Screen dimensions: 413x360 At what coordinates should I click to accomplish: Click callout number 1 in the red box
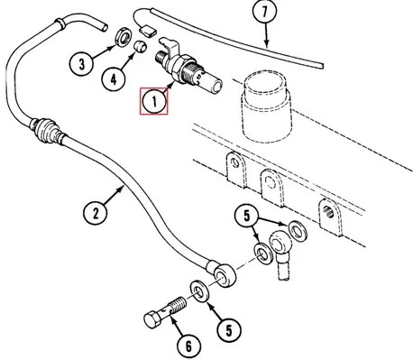(x=154, y=101)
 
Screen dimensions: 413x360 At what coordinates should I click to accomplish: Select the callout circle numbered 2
(x=96, y=214)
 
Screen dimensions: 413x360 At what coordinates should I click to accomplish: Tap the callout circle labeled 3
(x=81, y=64)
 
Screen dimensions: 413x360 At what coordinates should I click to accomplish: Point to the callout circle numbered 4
(x=114, y=79)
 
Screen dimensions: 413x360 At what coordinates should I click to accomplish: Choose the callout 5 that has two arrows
(x=247, y=217)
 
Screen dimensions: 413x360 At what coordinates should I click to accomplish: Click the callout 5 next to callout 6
(x=229, y=330)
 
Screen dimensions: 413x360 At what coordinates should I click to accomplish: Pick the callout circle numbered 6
(x=188, y=346)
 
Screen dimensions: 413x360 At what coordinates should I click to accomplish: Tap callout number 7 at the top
(x=264, y=13)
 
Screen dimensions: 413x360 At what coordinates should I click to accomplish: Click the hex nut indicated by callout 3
(x=123, y=37)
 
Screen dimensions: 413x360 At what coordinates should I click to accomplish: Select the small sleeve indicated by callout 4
(x=140, y=46)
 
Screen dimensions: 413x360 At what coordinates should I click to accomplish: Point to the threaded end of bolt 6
(x=178, y=303)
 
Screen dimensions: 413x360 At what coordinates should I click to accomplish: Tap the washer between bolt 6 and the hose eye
(x=199, y=291)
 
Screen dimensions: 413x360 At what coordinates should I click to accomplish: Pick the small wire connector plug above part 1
(x=148, y=32)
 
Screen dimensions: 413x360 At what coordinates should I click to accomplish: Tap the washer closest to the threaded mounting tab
(x=297, y=230)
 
